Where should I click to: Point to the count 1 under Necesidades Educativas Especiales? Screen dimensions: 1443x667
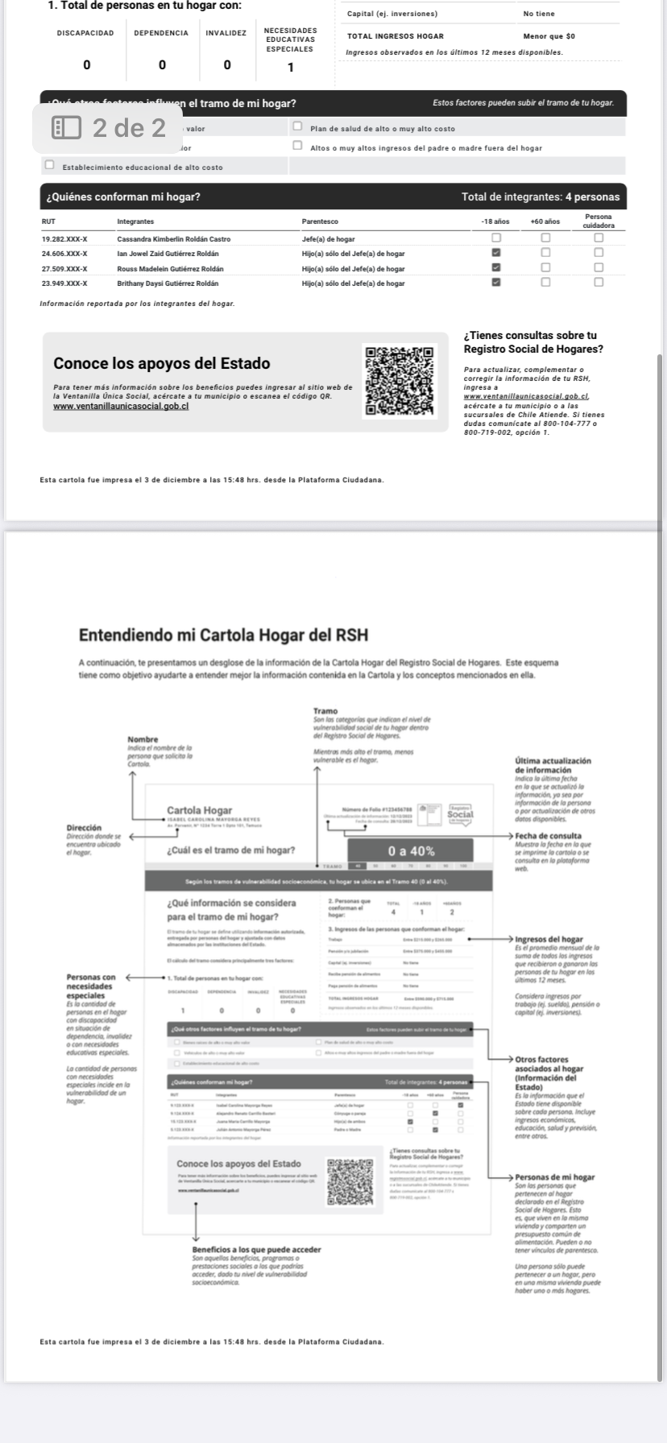(x=291, y=67)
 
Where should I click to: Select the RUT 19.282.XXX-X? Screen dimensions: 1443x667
(x=64, y=239)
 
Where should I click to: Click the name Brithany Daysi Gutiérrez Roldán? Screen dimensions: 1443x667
(x=173, y=283)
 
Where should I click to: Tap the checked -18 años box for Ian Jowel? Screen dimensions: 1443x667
(x=496, y=254)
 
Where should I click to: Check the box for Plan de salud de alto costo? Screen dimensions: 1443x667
(x=297, y=127)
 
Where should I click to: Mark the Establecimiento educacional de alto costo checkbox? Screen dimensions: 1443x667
(x=50, y=166)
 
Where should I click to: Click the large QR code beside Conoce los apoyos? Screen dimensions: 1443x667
(x=400, y=380)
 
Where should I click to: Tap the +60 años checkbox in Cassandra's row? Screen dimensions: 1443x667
(x=545, y=239)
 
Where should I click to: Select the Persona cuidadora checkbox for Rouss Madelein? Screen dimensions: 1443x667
(x=599, y=268)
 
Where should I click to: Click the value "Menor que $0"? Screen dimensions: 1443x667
(x=549, y=36)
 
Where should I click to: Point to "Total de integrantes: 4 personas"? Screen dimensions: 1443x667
(x=541, y=196)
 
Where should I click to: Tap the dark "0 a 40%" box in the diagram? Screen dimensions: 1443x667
(x=410, y=850)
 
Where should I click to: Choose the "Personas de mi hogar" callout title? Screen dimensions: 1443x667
(x=554, y=1177)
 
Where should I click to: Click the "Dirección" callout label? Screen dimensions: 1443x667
(x=84, y=828)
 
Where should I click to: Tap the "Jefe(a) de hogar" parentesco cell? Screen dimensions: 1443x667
(x=328, y=239)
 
